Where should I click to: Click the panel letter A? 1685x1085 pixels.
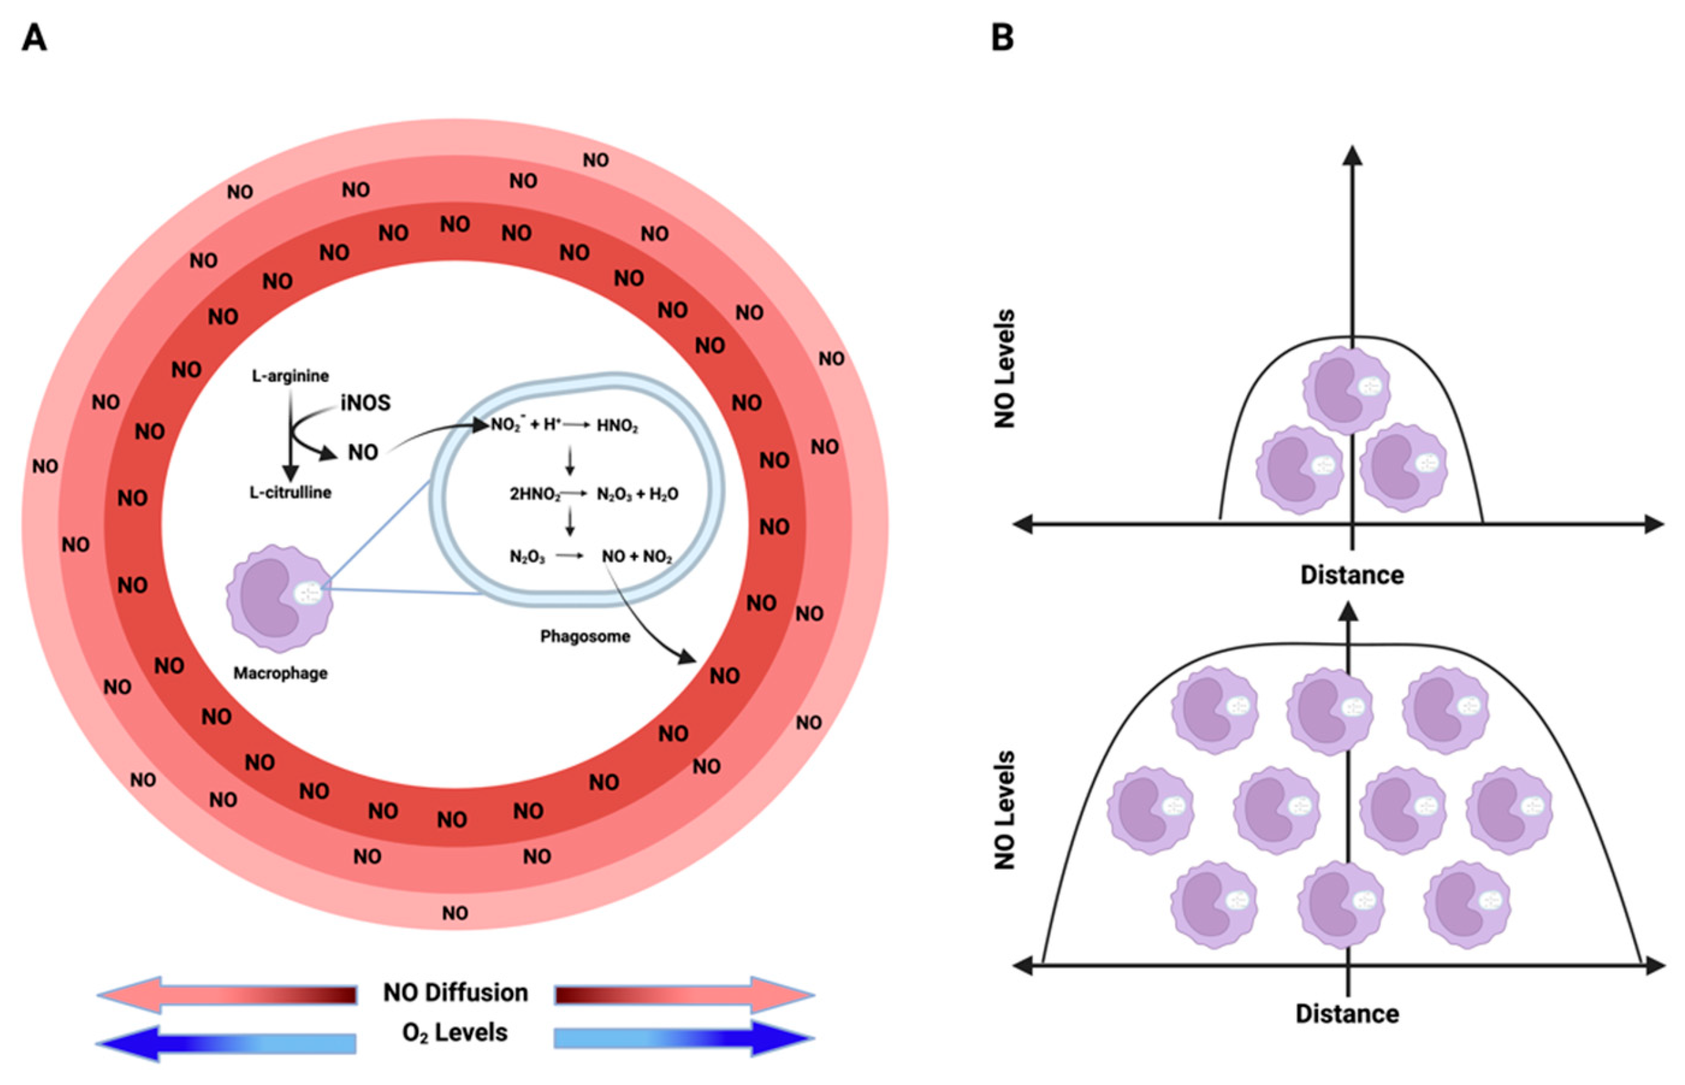[x=34, y=38]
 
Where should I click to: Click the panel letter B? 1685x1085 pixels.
[x=1002, y=38]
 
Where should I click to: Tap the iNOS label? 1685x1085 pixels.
[x=365, y=403]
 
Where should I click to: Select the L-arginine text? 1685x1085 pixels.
[x=290, y=376]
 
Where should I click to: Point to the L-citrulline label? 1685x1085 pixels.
[x=290, y=493]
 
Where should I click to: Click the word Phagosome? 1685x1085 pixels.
[x=585, y=636]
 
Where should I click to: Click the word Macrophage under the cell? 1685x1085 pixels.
[x=281, y=673]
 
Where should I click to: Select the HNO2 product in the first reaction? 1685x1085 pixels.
[x=617, y=426]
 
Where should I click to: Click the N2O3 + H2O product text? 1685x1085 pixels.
[x=637, y=494]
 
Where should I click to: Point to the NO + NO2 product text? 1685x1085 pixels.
[x=637, y=557]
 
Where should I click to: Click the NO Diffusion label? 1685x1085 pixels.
[x=455, y=993]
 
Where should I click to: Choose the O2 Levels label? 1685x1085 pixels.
[x=454, y=1033]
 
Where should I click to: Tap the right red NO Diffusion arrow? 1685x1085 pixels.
[x=683, y=995]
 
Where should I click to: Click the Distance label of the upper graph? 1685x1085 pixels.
[x=1352, y=575]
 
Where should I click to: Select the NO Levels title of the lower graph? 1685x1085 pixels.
[x=1005, y=810]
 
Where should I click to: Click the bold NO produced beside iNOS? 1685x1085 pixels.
[x=363, y=452]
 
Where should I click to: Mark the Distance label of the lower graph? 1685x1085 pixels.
[x=1347, y=1014]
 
